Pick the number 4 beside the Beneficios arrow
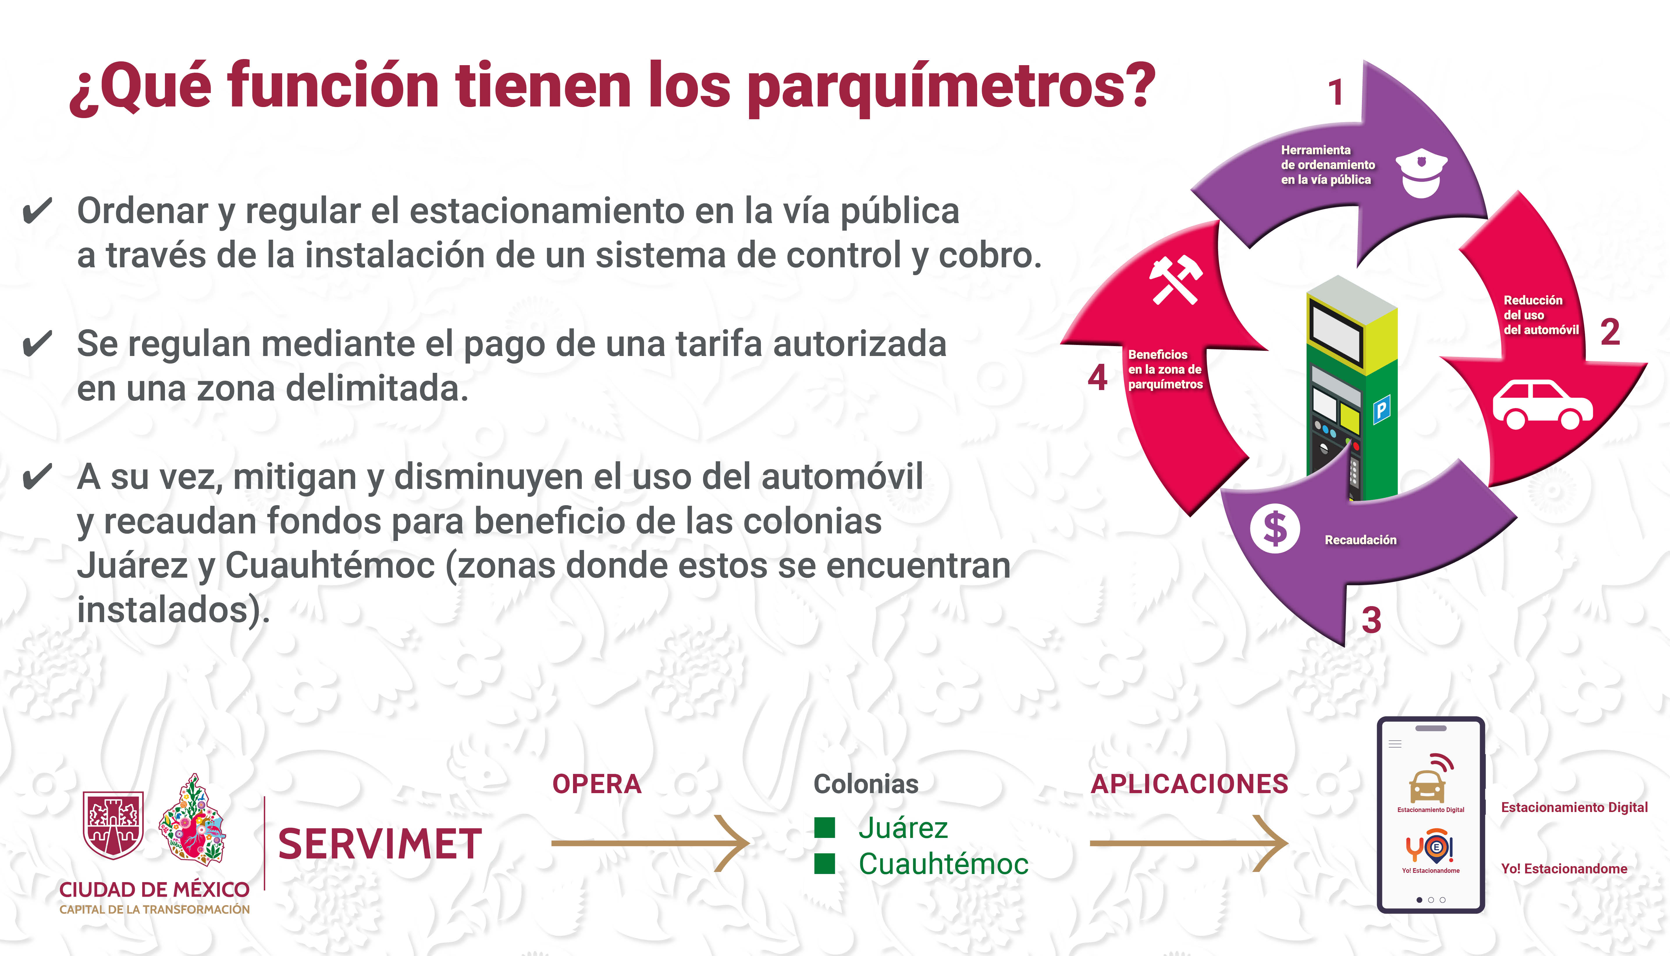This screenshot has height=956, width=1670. [x=1097, y=378]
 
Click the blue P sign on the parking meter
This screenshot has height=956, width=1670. [x=1382, y=410]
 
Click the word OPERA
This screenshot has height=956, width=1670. [x=596, y=784]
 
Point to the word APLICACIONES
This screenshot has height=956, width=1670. [x=1189, y=784]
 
